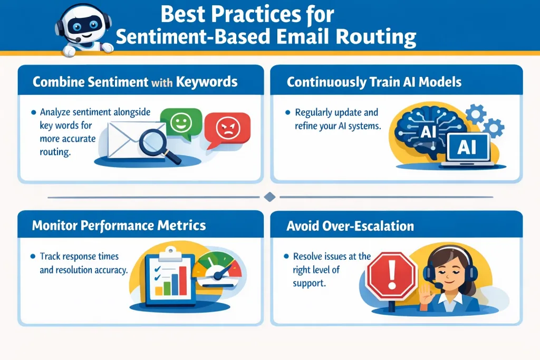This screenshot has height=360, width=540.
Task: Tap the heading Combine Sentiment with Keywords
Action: point(135,82)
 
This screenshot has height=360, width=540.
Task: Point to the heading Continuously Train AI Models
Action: point(374,82)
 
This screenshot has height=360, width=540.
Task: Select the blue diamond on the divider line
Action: point(269,197)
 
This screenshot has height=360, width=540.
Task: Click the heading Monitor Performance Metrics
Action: point(119,226)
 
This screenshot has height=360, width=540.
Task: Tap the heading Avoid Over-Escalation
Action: point(350,226)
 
